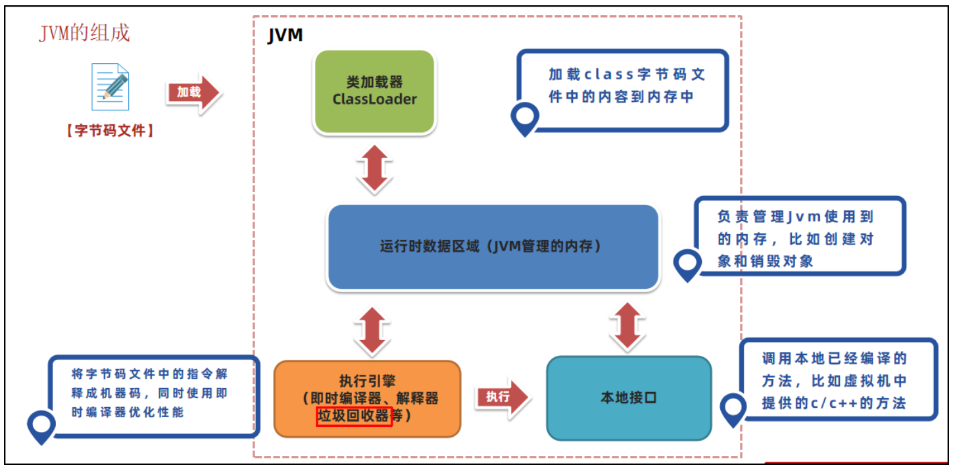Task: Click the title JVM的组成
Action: coord(85,33)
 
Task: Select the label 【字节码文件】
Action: coord(110,130)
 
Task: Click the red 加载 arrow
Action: coord(193,93)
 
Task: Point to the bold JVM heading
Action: coord(285,36)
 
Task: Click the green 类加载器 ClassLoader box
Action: coord(374,91)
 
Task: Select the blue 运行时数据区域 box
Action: coord(493,247)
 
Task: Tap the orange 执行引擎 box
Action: coord(368,398)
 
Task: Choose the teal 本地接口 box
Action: coord(629,398)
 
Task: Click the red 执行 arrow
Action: coord(502,397)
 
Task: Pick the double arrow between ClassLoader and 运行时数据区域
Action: coord(374,168)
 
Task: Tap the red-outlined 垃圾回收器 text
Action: coord(355,417)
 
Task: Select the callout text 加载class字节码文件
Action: coord(627,86)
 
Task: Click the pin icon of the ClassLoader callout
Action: coord(525,118)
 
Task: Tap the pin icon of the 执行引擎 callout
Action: coord(41,426)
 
